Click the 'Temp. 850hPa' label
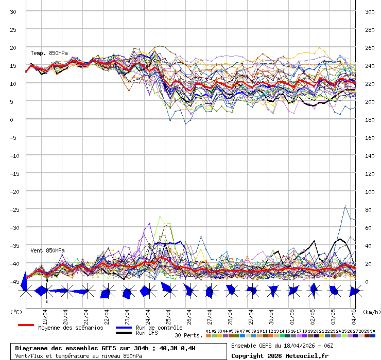pos(48,53)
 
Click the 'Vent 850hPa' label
pos(47,250)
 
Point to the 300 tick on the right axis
pos(370,12)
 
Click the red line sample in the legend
pos(26,325)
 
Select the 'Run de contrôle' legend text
pos(159,328)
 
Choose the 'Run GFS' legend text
pos(147,333)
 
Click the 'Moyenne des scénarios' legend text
pos(71,328)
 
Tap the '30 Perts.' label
pos(188,335)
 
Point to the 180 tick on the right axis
pos(370,120)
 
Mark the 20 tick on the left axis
pos(14,48)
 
